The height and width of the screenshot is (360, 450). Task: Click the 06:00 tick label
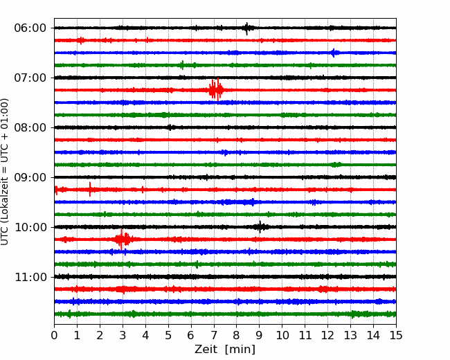pyautogui.click(x=30, y=28)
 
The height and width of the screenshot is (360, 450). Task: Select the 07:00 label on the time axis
pyautogui.click(x=30, y=78)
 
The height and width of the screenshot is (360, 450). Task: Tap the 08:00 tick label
pyautogui.click(x=30, y=127)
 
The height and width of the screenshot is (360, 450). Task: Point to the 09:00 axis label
pyautogui.click(x=30, y=177)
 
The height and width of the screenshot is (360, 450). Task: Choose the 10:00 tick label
pyautogui.click(x=30, y=227)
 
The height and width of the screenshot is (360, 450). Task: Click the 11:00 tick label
pyautogui.click(x=30, y=277)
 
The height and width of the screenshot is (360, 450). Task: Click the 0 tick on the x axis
pyautogui.click(x=54, y=335)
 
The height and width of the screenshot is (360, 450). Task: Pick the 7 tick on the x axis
pyautogui.click(x=214, y=335)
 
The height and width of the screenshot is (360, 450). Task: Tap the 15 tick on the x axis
pyautogui.click(x=396, y=335)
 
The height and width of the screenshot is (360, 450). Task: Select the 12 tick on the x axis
pyautogui.click(x=327, y=335)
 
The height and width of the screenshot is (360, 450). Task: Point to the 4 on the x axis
pyautogui.click(x=145, y=335)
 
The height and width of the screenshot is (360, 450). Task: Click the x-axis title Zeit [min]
pyautogui.click(x=225, y=350)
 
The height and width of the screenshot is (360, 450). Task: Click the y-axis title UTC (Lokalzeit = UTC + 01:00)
pyautogui.click(x=4, y=172)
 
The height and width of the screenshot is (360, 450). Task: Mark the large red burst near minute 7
pyautogui.click(x=216, y=89)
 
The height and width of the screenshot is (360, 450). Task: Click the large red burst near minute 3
pyautogui.click(x=123, y=239)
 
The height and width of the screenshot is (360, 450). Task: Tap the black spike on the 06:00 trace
pyautogui.click(x=247, y=28)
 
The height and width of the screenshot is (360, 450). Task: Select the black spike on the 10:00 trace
pyautogui.click(x=260, y=227)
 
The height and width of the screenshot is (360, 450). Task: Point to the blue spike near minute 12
pyautogui.click(x=334, y=53)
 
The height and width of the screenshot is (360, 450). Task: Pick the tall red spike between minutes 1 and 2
pyautogui.click(x=90, y=190)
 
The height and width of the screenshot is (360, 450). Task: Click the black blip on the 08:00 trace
pyautogui.click(x=170, y=127)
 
